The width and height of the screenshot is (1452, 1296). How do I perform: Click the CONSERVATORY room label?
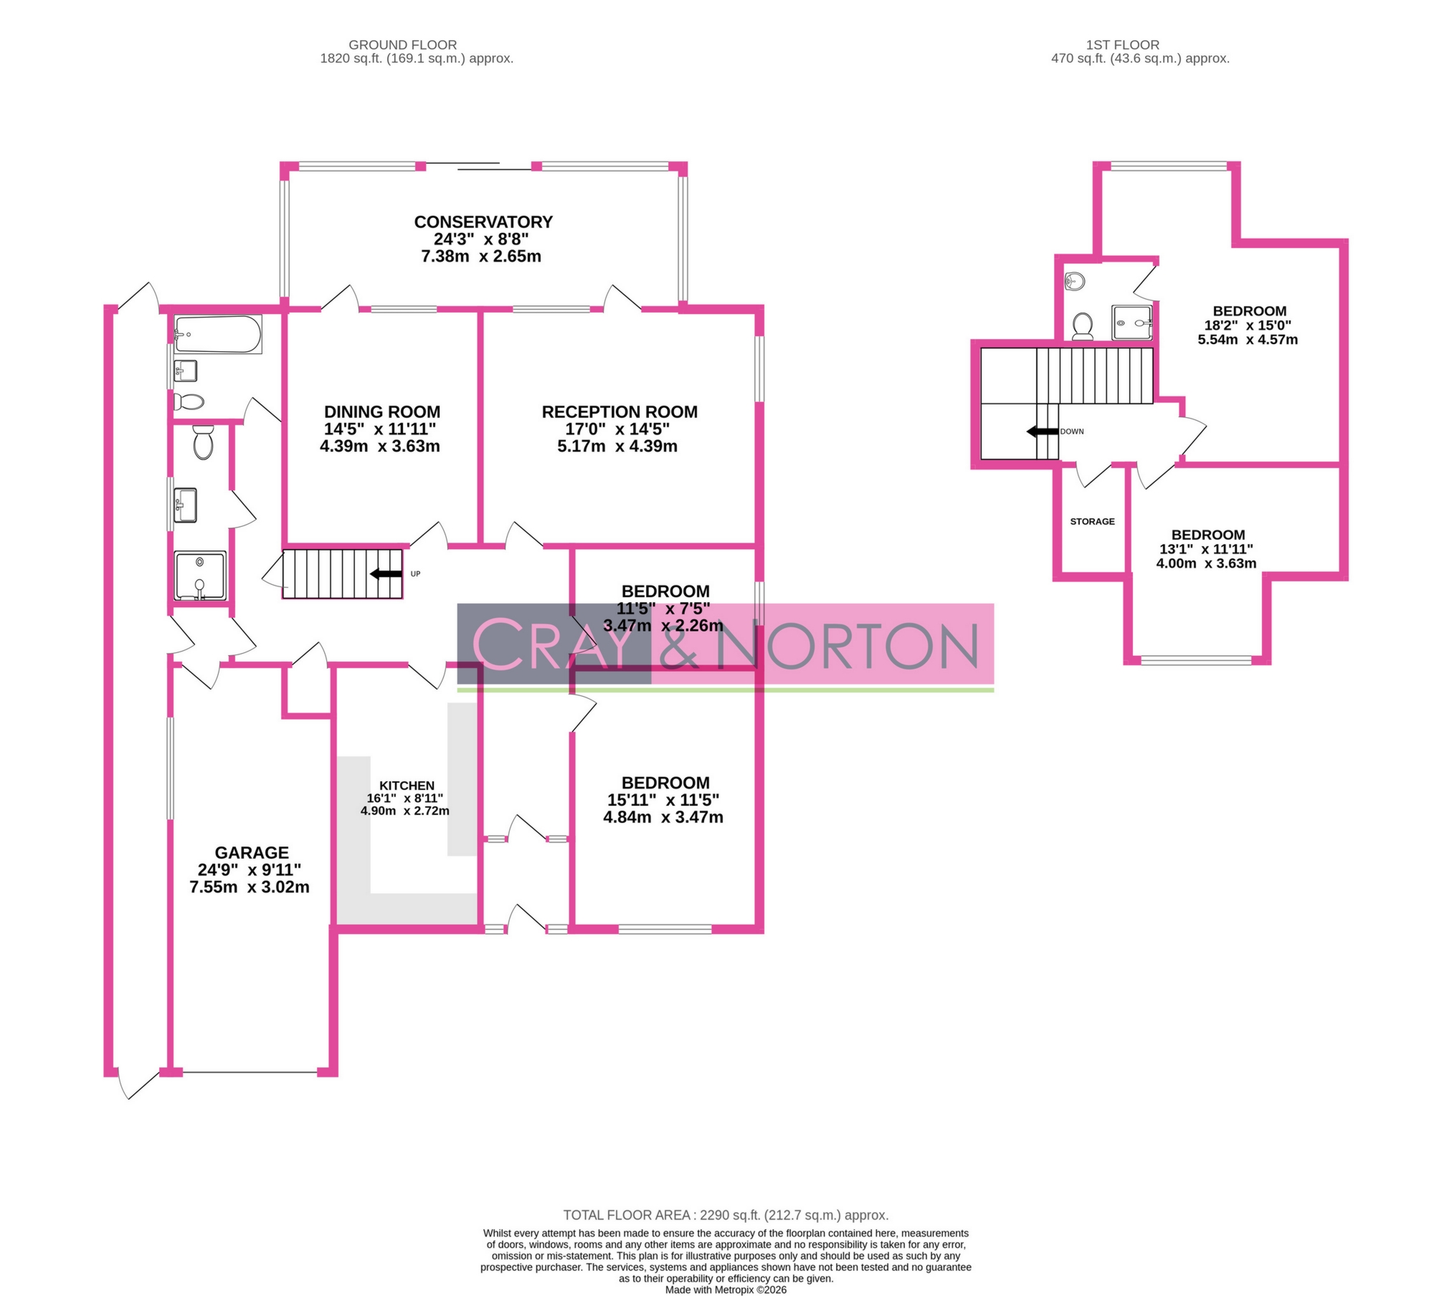(483, 222)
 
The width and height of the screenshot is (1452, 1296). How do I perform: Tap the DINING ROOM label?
(382, 412)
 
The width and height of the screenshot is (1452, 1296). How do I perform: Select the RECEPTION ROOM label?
(620, 412)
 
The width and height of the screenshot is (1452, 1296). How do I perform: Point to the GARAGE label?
(252, 853)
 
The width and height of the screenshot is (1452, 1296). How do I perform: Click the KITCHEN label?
(407, 786)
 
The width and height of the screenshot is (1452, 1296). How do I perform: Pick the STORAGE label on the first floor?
(1092, 522)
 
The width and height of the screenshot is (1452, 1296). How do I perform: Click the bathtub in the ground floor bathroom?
(217, 335)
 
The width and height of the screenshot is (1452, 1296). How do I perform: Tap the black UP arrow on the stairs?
(386, 573)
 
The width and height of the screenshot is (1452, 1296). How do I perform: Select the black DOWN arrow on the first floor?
(1042, 432)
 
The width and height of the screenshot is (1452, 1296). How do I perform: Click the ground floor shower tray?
(201, 576)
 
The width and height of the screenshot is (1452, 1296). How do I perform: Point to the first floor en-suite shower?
(1132, 323)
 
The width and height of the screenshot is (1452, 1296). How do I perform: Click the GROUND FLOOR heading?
(402, 45)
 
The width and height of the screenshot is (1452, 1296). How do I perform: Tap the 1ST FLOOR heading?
(1122, 45)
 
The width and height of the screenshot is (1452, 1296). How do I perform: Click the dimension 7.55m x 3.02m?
(250, 887)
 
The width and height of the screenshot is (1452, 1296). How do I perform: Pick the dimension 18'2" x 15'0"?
(1248, 325)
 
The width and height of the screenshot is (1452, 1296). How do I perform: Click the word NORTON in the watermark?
(850, 646)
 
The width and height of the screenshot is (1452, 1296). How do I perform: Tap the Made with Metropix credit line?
(726, 1290)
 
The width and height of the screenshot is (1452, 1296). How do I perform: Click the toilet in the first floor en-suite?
(1083, 326)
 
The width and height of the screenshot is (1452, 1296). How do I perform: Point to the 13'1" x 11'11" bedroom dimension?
(1206, 549)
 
